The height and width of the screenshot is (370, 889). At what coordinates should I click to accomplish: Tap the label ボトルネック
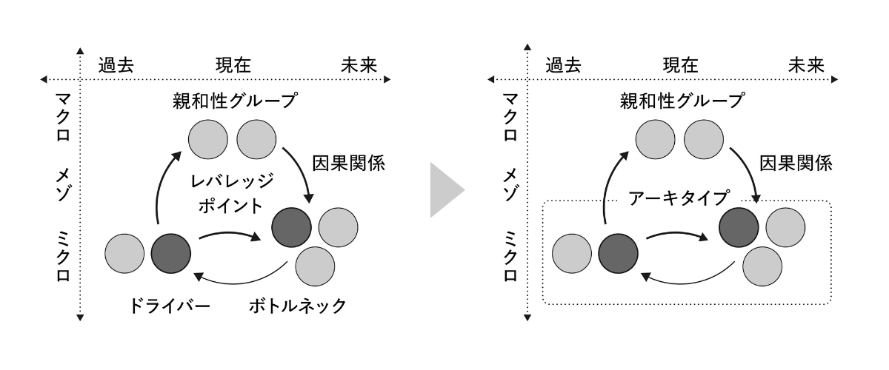coord(297,306)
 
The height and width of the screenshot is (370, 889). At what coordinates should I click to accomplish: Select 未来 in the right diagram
coord(807,64)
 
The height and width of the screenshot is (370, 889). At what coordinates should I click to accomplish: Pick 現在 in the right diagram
coord(680,64)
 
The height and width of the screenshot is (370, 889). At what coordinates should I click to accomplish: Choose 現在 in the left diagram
coord(233,64)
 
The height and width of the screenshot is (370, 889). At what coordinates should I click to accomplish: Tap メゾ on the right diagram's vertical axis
coord(510,185)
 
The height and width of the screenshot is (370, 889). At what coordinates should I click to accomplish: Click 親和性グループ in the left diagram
coord(233,99)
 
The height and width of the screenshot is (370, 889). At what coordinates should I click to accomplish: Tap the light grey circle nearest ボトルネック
coord(315,266)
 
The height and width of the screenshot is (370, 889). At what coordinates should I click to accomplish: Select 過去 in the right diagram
coord(564,64)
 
